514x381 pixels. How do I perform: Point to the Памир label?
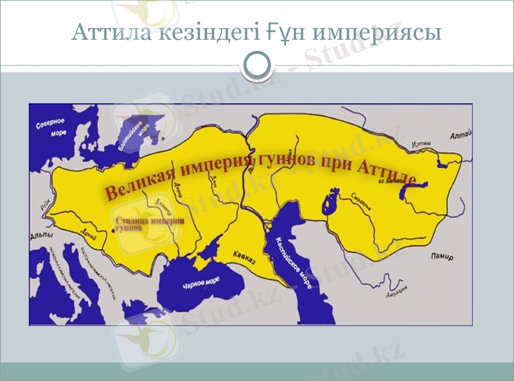(441, 257)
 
